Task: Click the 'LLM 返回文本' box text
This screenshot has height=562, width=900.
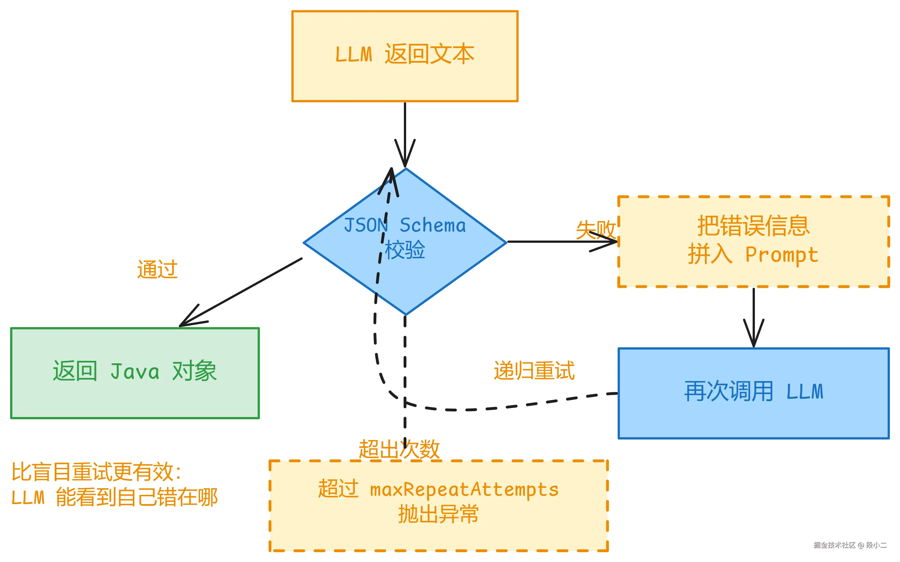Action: [405, 54]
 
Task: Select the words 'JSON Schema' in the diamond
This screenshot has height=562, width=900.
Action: [405, 226]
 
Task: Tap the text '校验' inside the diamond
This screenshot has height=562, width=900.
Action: [405, 250]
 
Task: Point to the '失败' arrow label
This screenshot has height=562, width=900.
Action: [595, 229]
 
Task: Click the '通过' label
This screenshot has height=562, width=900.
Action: [157, 269]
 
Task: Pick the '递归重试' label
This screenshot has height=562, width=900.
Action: [534, 371]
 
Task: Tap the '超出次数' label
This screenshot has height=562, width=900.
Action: [399, 449]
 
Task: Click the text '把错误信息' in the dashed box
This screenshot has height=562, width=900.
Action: [753, 226]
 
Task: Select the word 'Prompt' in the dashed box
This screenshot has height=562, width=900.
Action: [782, 255]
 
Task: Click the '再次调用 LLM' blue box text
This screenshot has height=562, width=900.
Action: [753, 391]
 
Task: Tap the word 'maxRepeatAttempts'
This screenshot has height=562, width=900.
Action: [464, 490]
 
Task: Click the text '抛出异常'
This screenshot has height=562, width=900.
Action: [438, 515]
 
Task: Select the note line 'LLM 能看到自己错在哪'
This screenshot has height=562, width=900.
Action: [114, 497]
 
